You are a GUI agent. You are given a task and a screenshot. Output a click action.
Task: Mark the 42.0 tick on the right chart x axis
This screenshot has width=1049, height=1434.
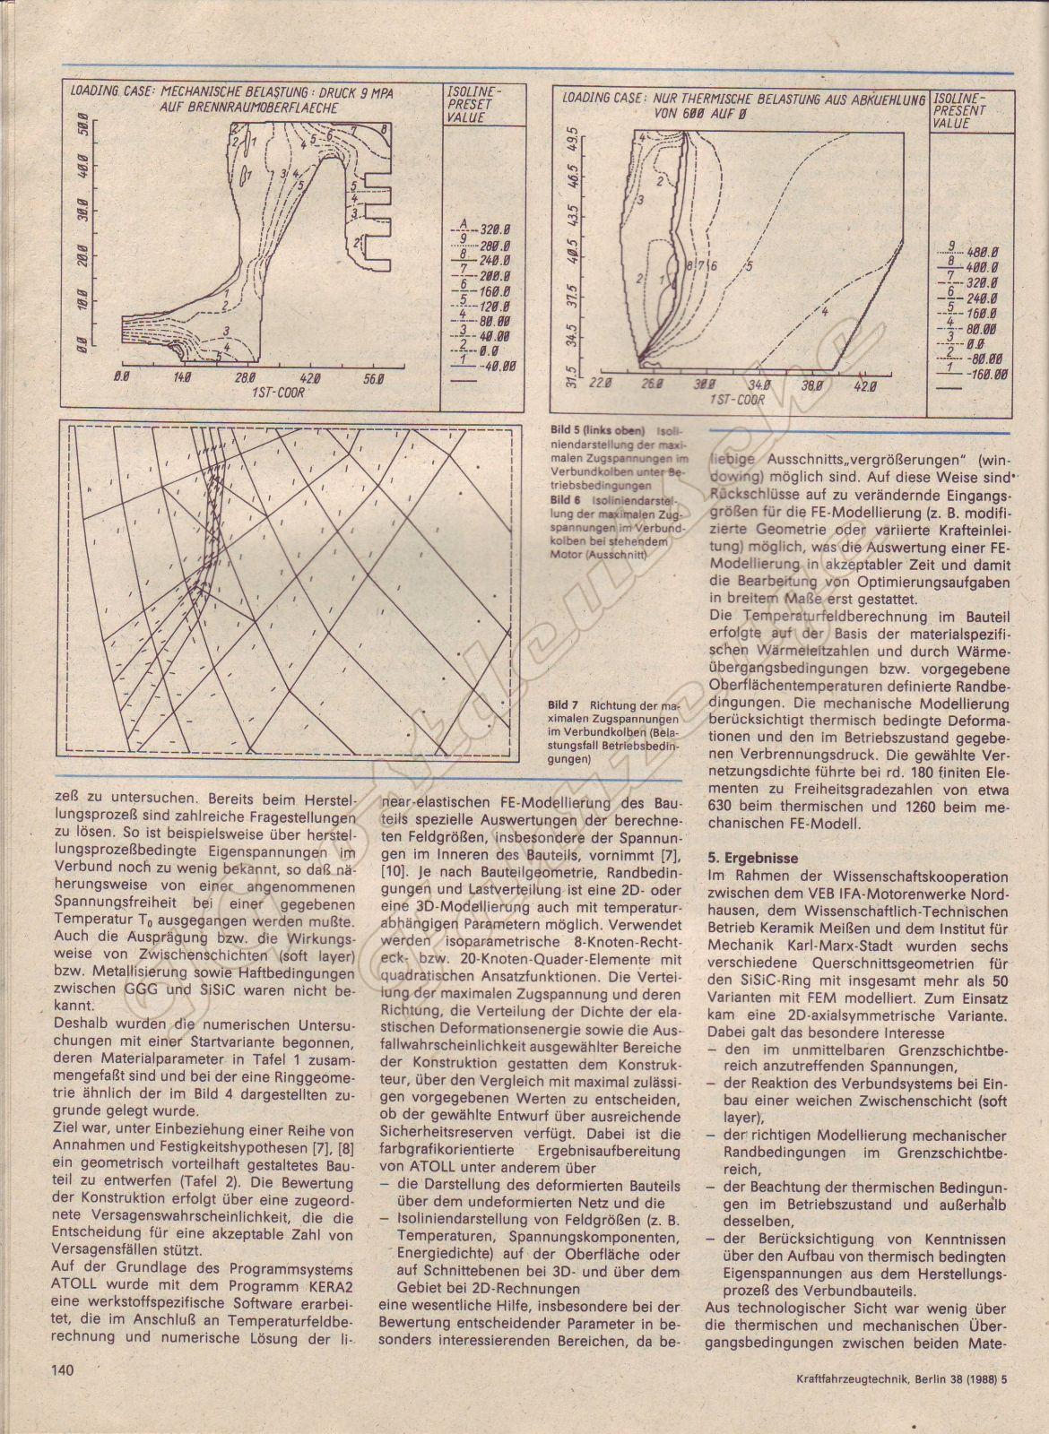pyautogui.click(x=864, y=384)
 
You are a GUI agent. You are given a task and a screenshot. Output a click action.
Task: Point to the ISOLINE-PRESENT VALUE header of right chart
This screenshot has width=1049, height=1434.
pyautogui.click(x=960, y=110)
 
